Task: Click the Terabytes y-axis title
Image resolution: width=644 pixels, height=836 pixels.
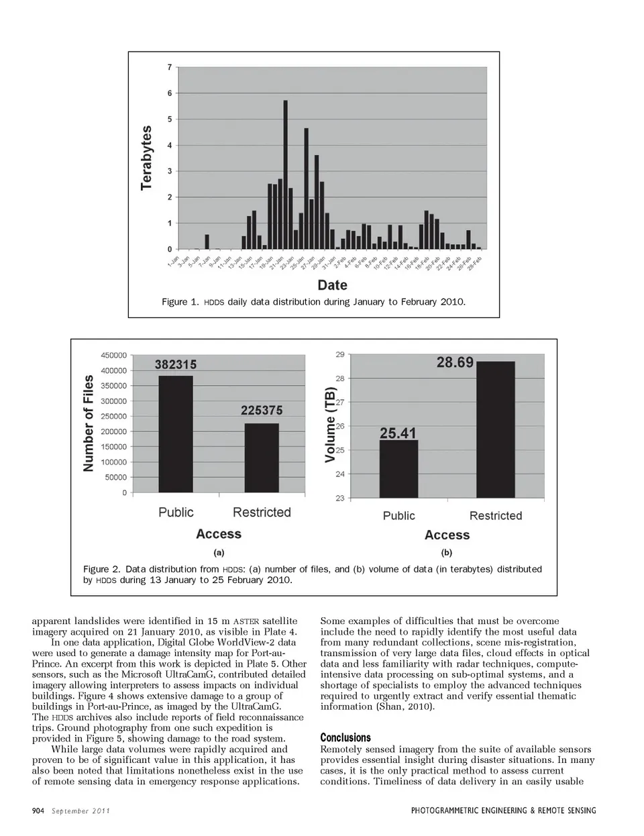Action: point(146,158)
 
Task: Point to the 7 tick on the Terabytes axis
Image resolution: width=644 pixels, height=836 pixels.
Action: point(170,67)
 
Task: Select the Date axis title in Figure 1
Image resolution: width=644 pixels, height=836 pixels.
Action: point(332,285)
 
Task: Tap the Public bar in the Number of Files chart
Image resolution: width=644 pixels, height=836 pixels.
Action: point(176,434)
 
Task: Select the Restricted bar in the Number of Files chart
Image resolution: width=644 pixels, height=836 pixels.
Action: point(261,458)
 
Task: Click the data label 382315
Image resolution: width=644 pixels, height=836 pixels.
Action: point(176,365)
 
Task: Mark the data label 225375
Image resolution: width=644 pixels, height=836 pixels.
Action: point(262,411)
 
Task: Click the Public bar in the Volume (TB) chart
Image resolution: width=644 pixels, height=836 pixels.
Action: point(398,469)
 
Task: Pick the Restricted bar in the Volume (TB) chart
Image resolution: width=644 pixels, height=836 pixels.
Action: point(495,429)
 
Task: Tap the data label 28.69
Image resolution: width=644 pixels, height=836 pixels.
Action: point(455,363)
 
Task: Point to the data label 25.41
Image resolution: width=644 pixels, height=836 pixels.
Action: point(398,433)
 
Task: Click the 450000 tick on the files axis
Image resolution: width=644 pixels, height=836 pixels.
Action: point(113,356)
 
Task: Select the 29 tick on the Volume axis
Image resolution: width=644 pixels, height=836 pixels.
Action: point(340,354)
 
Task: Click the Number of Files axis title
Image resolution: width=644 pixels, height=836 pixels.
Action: point(89,423)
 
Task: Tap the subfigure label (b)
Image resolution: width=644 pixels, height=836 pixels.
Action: point(447,553)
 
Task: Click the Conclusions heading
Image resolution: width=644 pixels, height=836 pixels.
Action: point(345,737)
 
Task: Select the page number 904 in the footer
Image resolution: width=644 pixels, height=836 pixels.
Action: point(38,811)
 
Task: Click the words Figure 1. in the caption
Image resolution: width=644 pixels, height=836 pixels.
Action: point(180,302)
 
